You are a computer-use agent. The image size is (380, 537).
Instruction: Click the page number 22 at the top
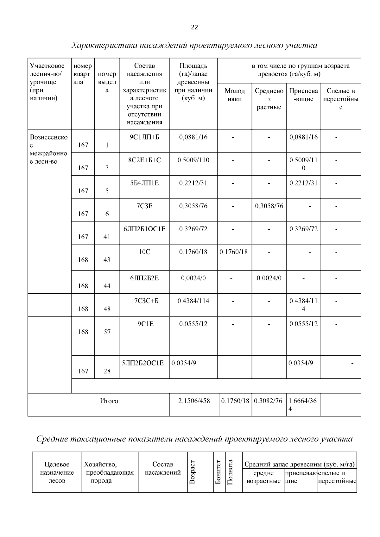(194, 28)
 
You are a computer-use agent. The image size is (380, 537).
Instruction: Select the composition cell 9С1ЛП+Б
(144, 137)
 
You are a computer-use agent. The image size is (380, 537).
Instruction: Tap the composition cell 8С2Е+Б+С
(144, 160)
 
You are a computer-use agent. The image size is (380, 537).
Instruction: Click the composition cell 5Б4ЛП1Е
(144, 183)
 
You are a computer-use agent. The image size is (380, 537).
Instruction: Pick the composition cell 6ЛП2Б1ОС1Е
(144, 229)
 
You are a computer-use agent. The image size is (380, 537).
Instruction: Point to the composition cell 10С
(144, 252)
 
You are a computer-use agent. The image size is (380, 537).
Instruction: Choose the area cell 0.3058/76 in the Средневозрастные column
(269, 206)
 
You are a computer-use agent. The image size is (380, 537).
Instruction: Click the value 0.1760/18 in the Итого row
(235, 401)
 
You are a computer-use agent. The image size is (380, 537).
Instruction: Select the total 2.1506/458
(194, 401)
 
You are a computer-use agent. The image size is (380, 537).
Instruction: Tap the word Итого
(110, 401)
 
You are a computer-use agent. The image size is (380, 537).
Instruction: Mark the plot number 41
(107, 237)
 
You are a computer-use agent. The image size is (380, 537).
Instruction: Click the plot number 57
(107, 332)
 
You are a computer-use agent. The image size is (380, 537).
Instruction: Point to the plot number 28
(107, 371)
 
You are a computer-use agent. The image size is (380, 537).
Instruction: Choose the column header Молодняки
(235, 95)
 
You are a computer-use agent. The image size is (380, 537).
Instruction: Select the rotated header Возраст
(192, 472)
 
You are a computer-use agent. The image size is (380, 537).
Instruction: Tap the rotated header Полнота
(231, 472)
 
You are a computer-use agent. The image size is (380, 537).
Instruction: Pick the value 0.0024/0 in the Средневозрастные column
(269, 278)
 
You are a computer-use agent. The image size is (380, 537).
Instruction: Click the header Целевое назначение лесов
(57, 472)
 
